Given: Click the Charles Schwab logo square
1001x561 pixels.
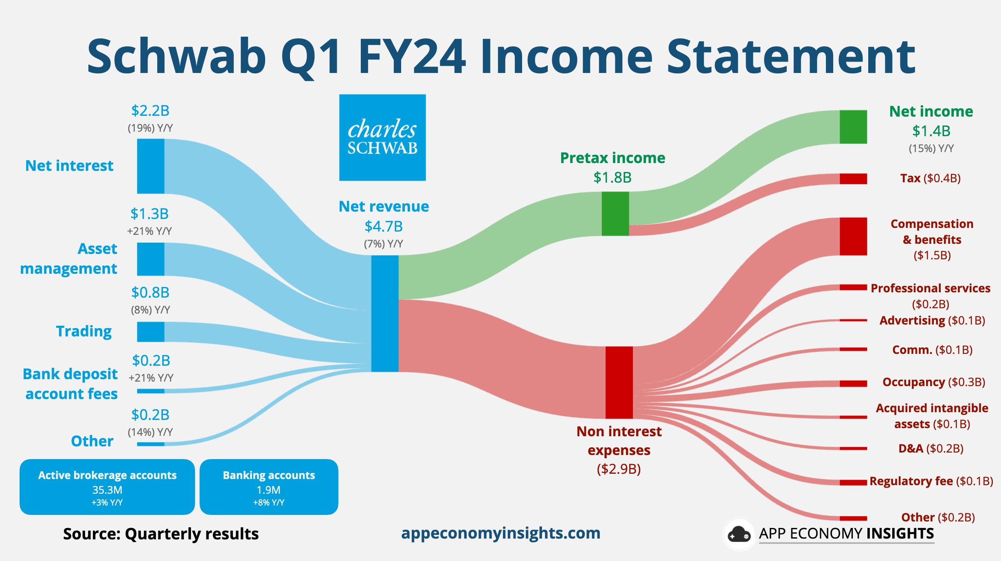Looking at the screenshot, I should tap(382, 137).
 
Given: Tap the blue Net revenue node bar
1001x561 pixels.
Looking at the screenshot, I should tap(385, 313).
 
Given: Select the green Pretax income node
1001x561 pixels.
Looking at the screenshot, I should tap(615, 214).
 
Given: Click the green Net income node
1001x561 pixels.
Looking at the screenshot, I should tap(853, 127).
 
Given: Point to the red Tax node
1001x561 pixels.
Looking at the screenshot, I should tap(853, 179).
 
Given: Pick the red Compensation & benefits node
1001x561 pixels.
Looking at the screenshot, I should tap(853, 236).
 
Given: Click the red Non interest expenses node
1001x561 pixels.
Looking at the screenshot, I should tap(619, 382).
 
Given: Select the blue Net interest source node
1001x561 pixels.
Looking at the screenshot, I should tap(151, 166).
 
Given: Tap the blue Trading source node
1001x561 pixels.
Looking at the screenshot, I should tap(151, 331).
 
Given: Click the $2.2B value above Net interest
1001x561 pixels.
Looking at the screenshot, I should tap(150, 110).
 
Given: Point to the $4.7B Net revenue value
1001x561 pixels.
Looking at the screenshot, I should tap(384, 226).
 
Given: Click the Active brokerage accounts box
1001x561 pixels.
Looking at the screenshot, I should tap(107, 487).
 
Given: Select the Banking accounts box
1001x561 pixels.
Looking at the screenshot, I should tap(269, 487).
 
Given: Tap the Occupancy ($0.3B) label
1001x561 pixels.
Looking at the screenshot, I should tap(933, 382).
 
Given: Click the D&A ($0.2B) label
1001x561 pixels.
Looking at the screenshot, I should tap(931, 448).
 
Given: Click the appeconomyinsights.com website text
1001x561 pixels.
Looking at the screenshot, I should tap(500, 533).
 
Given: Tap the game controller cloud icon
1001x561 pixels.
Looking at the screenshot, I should tap(739, 534).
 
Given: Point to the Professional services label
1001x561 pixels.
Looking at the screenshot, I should tap(931, 289).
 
